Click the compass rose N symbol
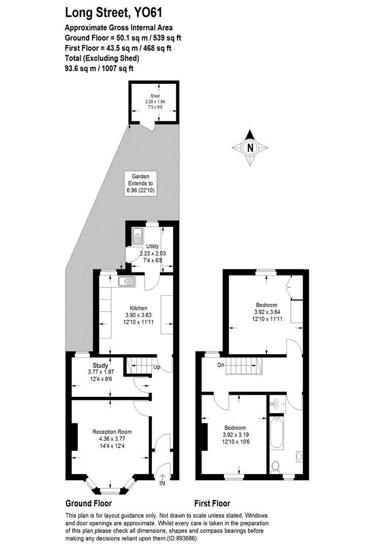coord(250,148)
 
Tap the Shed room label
coord(155,96)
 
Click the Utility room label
coord(153,246)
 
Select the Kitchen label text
coord(138,308)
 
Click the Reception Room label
coord(112,432)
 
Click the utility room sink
coord(138,235)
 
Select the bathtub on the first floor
coord(277,432)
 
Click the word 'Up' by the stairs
coord(157,366)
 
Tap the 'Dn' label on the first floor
coord(220,364)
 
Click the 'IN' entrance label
coord(162,484)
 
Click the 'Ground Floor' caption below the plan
coord(88,503)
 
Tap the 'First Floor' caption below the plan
coord(212,503)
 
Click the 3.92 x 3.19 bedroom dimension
coord(235,435)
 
